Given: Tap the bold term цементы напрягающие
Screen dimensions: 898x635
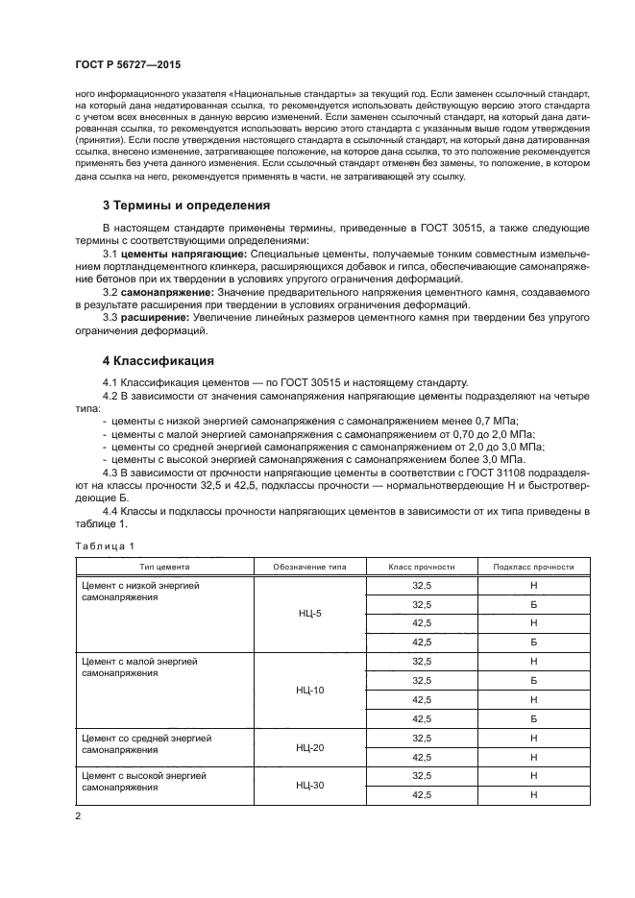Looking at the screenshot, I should click(183, 253).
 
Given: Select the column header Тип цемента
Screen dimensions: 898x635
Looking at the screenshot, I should click(165, 567).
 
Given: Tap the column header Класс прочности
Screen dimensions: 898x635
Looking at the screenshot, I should click(421, 567).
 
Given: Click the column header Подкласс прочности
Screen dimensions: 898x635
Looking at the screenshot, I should click(532, 567).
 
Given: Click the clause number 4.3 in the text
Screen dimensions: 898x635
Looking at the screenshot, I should click(110, 473).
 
